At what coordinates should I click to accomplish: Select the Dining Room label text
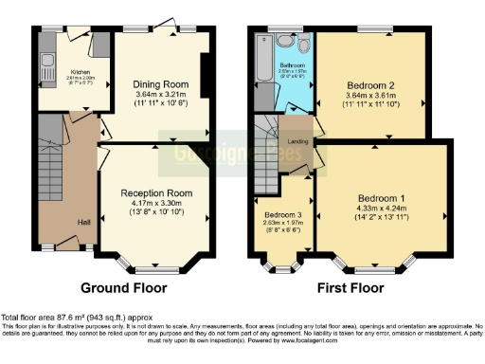tap(156, 82)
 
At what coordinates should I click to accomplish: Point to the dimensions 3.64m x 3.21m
tap(156, 95)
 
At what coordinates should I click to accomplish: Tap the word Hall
tap(83, 224)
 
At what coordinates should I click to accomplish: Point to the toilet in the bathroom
tap(304, 44)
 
